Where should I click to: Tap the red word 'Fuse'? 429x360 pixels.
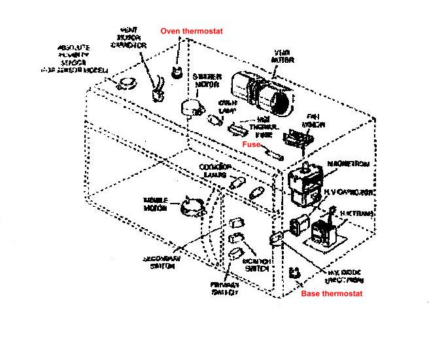pyautogui.click(x=252, y=143)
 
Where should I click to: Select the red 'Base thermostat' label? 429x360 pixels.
pyautogui.click(x=331, y=294)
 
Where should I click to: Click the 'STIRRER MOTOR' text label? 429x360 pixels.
pyautogui.click(x=206, y=81)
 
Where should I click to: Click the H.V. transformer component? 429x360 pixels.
pyautogui.click(x=324, y=232)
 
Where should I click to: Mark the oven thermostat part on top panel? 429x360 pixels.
pyautogui.click(x=176, y=71)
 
